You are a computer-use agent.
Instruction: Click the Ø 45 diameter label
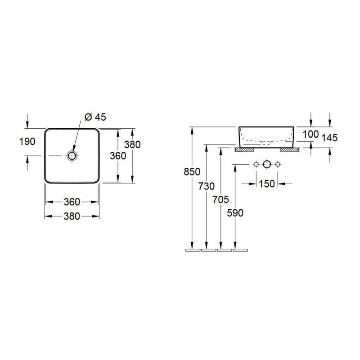tap(95, 117)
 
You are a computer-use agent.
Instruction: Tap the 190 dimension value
tap(27, 142)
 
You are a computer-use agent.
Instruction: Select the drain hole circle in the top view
tap(72, 156)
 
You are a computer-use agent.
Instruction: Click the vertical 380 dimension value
tap(132, 144)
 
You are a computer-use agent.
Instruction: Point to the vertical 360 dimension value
tap(118, 156)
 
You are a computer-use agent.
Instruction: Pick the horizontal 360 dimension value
tap(72, 202)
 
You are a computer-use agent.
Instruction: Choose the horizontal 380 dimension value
tap(72, 216)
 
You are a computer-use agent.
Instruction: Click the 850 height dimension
tap(192, 171)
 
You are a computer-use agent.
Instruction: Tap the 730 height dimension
tap(207, 186)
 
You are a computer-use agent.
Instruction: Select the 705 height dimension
tap(220, 199)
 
